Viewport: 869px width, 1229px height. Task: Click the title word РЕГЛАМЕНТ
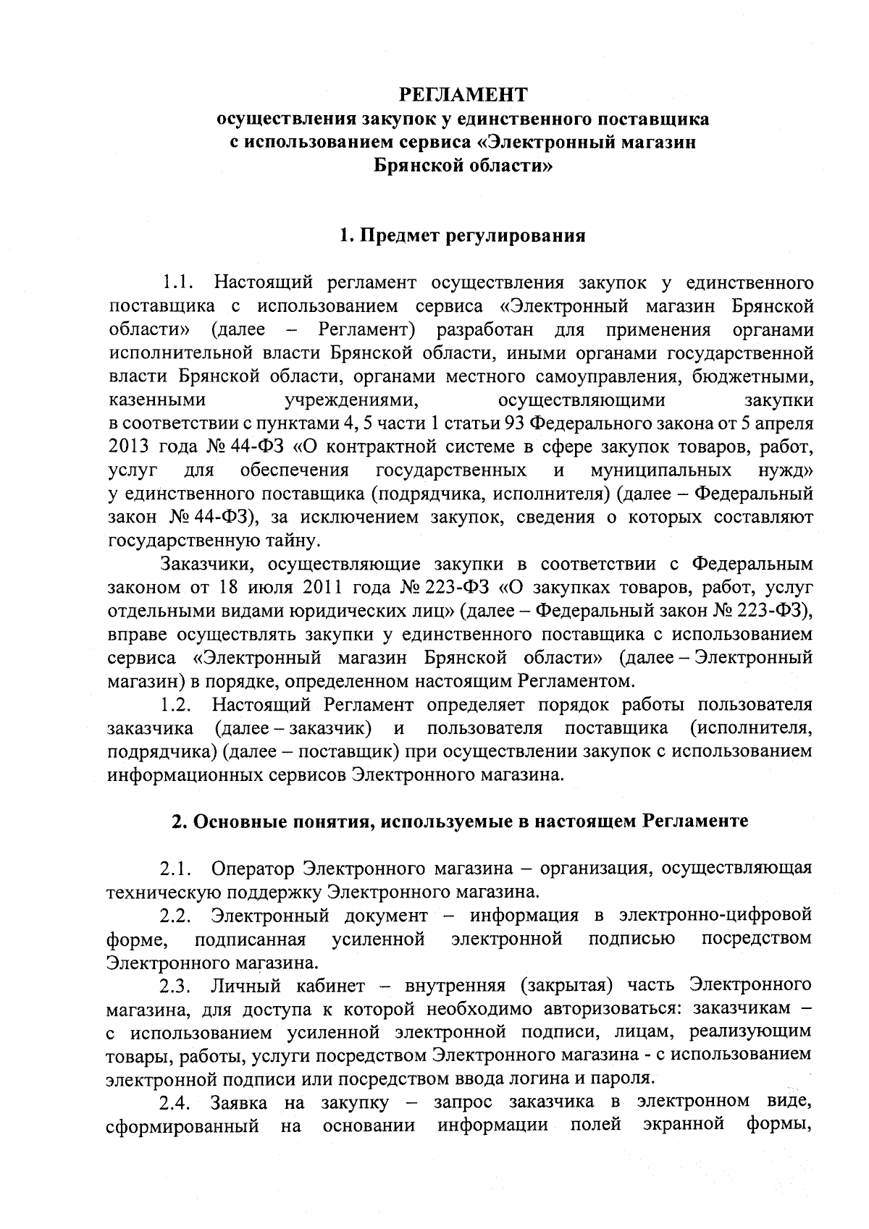pyautogui.click(x=463, y=94)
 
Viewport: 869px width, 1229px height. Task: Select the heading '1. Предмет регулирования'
pyautogui.click(x=463, y=236)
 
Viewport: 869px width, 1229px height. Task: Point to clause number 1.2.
pyautogui.click(x=176, y=705)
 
